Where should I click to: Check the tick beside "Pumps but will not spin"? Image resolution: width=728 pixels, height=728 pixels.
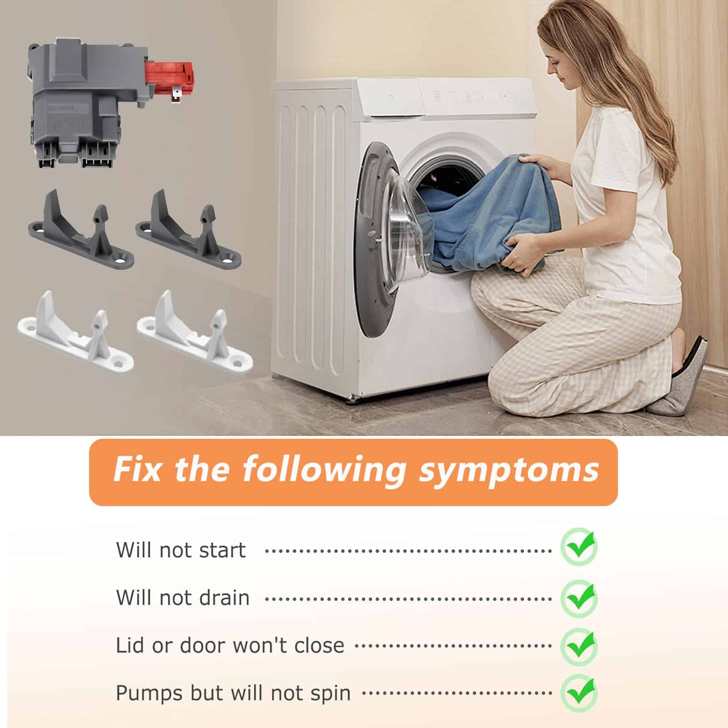tap(579, 694)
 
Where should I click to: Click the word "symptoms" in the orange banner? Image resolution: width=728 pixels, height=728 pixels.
tap(508, 471)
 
